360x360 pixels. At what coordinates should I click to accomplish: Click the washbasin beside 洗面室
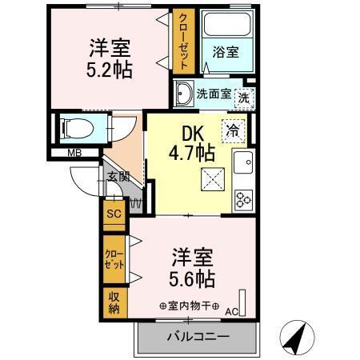click(184, 93)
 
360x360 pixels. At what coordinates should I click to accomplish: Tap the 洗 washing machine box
click(242, 94)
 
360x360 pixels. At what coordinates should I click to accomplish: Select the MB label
click(73, 152)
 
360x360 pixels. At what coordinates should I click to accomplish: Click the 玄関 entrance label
click(118, 176)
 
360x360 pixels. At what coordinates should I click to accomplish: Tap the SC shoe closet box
click(114, 214)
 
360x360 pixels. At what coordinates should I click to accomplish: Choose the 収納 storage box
click(114, 302)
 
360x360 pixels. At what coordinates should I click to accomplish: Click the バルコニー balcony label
click(197, 336)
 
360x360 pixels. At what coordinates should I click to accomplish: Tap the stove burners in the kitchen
click(242, 197)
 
